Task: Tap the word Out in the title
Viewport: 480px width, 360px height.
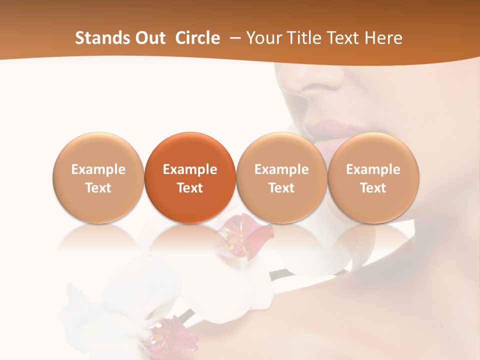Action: [x=149, y=38]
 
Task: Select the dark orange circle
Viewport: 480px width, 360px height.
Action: [x=190, y=177]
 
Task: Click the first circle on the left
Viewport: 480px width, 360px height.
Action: [x=98, y=177]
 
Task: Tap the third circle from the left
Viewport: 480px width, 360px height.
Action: [x=281, y=177]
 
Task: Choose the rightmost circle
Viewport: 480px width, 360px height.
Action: [x=373, y=177]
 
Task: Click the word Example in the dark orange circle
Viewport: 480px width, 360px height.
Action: [x=190, y=169]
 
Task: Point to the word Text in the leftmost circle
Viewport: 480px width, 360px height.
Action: [x=98, y=188]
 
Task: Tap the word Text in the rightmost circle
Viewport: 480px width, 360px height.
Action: [x=373, y=188]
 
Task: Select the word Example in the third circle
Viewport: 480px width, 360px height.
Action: [x=281, y=169]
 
